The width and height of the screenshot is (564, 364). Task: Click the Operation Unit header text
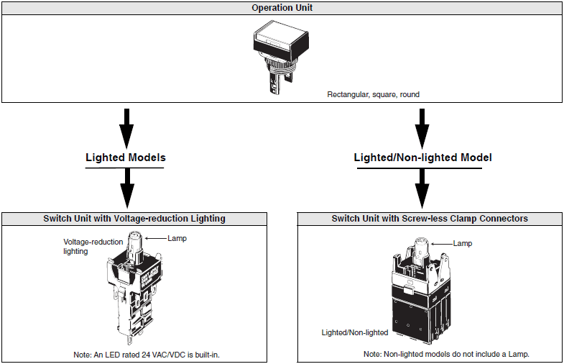[x=282, y=8]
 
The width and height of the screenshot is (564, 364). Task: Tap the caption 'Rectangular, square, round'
[x=373, y=94]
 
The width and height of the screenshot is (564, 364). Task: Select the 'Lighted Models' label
[x=125, y=158]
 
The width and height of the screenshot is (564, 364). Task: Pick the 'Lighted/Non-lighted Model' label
[x=422, y=158]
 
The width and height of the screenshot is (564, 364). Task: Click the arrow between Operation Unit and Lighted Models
[x=126, y=125]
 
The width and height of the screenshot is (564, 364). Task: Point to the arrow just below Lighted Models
[x=126, y=188]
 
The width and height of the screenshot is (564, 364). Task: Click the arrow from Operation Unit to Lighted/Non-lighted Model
[x=423, y=125]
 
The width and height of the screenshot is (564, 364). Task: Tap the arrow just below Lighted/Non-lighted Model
[x=423, y=188]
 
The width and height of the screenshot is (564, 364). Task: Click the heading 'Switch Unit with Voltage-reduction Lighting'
[x=134, y=218]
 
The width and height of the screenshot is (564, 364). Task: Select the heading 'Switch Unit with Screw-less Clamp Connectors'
[x=430, y=218]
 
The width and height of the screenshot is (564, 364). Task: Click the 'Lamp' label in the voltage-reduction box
[x=176, y=238]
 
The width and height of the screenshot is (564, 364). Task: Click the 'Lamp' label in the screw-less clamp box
[x=463, y=243]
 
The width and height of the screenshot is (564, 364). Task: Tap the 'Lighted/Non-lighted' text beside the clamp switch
[x=355, y=332]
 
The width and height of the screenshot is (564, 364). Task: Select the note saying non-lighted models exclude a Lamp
[x=451, y=355]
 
